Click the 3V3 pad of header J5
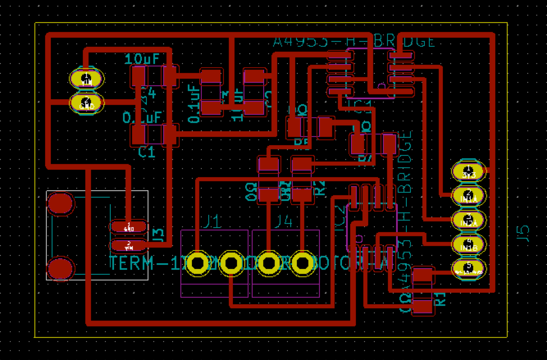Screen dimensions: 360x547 [468, 171]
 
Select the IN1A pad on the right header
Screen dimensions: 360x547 [468, 196]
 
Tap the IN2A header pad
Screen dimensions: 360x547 [468, 220]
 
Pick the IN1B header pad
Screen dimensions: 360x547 [468, 245]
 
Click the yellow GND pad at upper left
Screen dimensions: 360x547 [87, 103]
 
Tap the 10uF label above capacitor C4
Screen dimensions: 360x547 [142, 59]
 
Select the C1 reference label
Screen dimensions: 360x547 [147, 153]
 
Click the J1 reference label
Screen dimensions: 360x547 [212, 222]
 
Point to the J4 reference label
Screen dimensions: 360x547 [283, 222]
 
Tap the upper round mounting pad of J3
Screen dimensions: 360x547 [61, 204]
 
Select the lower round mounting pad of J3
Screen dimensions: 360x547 [61, 269]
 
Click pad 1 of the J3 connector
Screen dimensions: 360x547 [128, 226]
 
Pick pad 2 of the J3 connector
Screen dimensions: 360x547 [128, 246]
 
